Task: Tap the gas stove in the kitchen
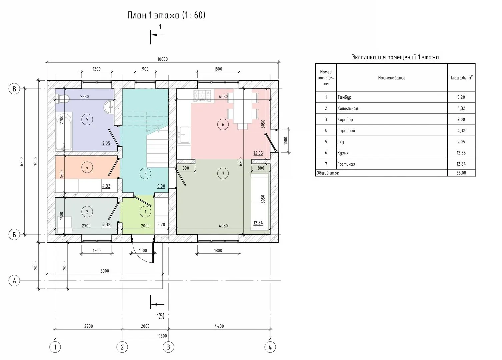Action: click(203, 96)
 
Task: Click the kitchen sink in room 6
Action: click(184, 134)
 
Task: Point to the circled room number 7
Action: click(223, 173)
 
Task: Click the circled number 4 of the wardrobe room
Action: click(87, 167)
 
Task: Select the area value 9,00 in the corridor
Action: click(161, 186)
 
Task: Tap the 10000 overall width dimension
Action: click(162, 59)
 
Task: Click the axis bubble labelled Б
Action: click(14, 235)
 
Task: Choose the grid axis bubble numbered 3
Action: click(168, 347)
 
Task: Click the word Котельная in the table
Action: click(348, 108)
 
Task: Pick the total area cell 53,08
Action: click(461, 173)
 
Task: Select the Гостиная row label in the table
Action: click(346, 164)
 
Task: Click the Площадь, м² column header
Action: click(461, 78)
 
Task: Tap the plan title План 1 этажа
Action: click(153, 15)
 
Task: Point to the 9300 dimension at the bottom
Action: click(162, 336)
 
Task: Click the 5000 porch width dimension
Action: click(105, 271)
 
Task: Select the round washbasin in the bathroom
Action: click(109, 107)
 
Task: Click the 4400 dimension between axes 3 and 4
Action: click(219, 326)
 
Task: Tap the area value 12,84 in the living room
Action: click(258, 223)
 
